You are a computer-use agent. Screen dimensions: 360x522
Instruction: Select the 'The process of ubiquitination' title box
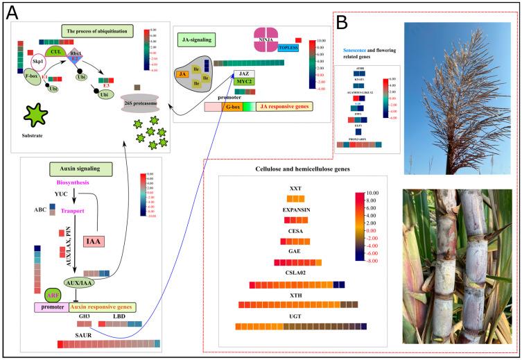(x=96, y=31)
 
